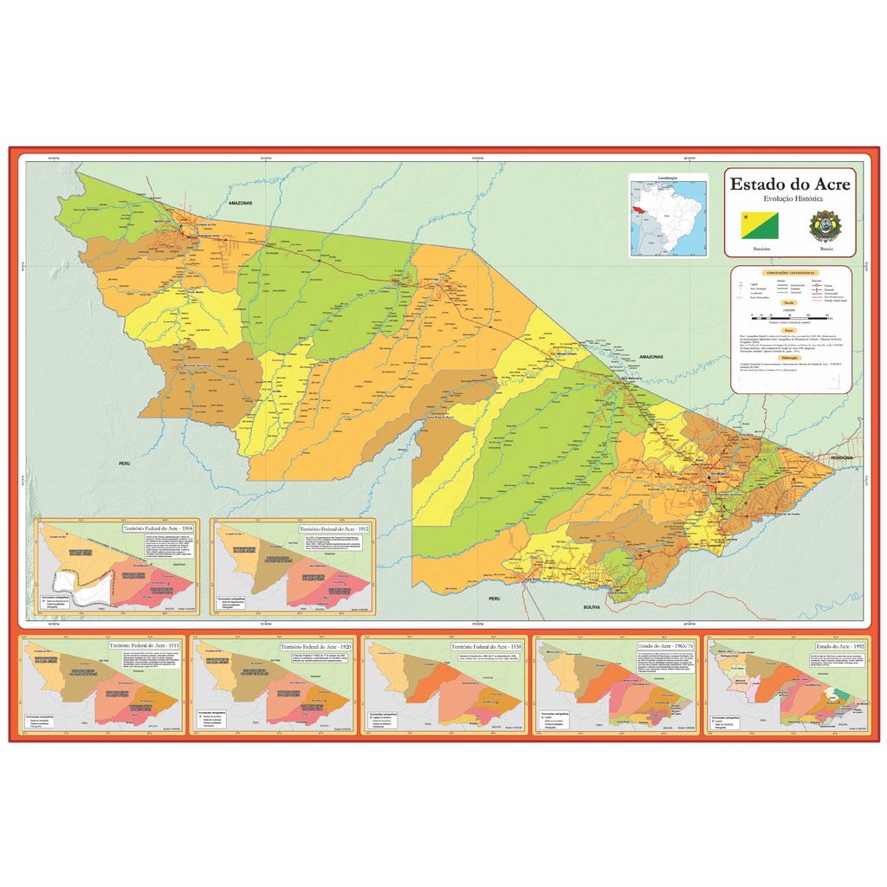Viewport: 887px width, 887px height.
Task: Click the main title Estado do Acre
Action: [x=790, y=185]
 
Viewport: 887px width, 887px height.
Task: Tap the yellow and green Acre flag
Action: [x=760, y=225]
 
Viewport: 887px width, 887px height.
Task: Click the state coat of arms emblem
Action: [x=824, y=225]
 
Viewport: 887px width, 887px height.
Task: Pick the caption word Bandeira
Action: [x=761, y=249]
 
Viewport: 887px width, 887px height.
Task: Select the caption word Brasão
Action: [x=826, y=249]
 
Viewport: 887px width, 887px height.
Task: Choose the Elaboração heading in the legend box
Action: [x=790, y=356]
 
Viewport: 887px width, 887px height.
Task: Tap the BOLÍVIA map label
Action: [x=593, y=607]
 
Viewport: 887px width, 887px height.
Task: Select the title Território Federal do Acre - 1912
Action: [x=334, y=528]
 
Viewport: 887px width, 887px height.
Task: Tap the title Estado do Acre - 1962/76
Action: [x=661, y=646]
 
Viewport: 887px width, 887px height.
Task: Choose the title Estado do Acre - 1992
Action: [x=837, y=646]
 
